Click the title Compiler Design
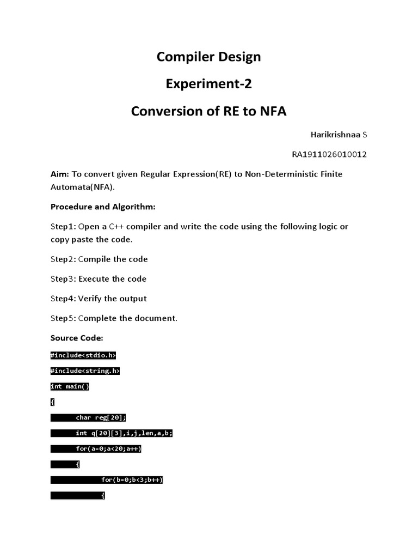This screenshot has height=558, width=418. [208, 57]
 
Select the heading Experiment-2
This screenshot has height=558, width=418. [208, 84]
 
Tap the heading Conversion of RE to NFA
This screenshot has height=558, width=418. [208, 111]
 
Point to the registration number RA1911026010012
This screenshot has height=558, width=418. [329, 154]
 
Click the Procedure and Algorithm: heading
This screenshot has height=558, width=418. [103, 207]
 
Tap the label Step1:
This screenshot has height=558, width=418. [63, 227]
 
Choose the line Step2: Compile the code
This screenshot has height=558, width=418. [99, 259]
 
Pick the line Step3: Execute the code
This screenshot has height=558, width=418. [99, 279]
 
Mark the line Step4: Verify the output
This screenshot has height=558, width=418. [99, 299]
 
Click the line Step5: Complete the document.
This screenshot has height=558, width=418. [114, 318]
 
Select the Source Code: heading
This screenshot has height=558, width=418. [77, 338]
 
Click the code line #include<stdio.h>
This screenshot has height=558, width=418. [83, 355]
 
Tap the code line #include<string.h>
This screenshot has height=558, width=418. [85, 371]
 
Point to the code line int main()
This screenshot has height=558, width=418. [70, 386]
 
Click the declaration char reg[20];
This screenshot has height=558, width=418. [101, 418]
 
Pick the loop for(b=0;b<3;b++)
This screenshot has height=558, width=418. [132, 480]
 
